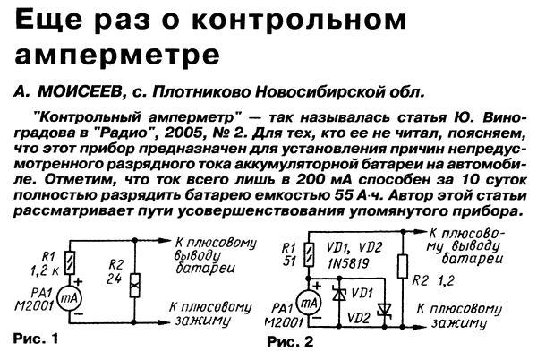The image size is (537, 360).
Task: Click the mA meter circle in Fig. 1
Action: tap(66, 296)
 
